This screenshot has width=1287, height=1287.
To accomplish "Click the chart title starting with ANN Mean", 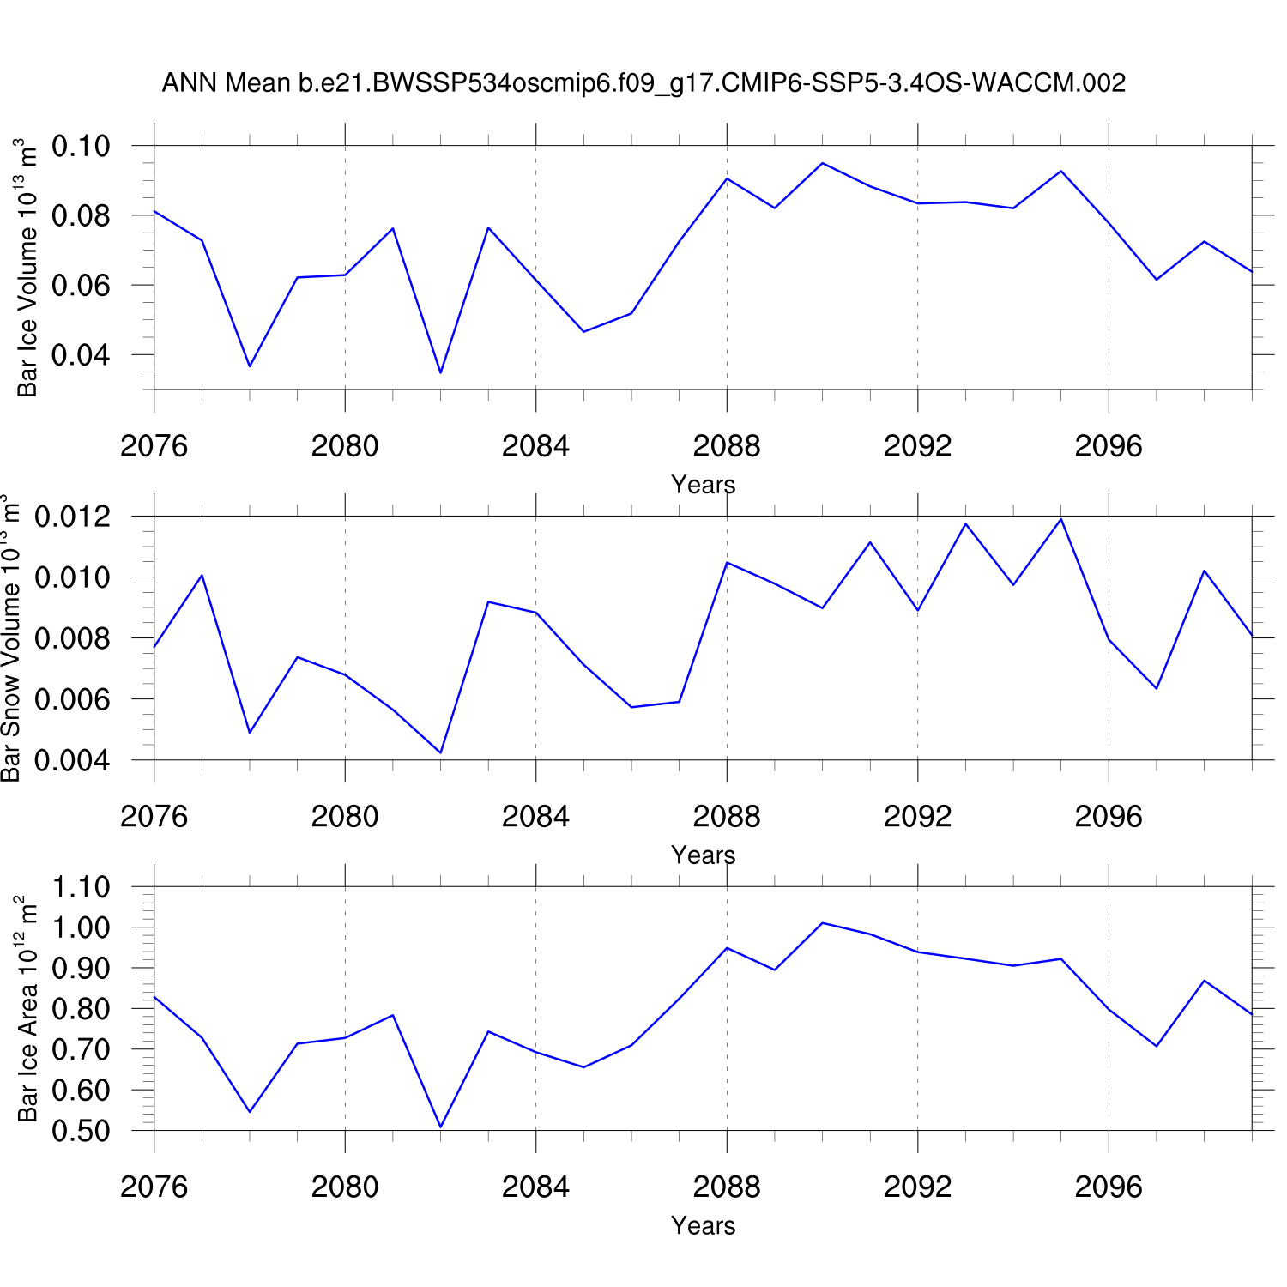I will [x=643, y=83].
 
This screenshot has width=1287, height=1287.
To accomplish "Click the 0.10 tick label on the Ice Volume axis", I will [x=82, y=146].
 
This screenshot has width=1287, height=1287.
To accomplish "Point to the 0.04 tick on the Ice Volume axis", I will [x=82, y=354].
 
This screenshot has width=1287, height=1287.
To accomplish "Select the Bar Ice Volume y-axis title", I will [x=27, y=268].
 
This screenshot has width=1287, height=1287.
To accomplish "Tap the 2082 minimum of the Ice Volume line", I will [x=440, y=372].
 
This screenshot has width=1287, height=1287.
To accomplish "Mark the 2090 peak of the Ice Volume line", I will [x=822, y=163].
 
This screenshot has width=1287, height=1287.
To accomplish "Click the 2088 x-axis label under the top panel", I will [x=727, y=446].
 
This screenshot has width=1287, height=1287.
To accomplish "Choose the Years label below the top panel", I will [x=703, y=485].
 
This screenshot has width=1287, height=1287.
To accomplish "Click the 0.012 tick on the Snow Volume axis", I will [x=73, y=517].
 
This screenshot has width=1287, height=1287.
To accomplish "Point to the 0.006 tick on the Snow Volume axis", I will [x=73, y=699].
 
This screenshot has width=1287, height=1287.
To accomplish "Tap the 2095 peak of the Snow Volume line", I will [x=1061, y=519].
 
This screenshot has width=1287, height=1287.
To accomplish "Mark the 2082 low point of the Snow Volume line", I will [x=440, y=752].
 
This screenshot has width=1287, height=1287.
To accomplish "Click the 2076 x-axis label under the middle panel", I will [x=154, y=817].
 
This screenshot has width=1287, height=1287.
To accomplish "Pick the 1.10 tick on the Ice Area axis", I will [x=82, y=886].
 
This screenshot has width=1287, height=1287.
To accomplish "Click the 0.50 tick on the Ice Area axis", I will [x=82, y=1131].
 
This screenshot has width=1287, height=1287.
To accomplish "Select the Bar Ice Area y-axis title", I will [x=27, y=1009].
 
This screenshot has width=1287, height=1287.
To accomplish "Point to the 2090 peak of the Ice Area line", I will [x=822, y=923].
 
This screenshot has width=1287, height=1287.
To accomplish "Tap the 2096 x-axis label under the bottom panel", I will [x=1109, y=1187].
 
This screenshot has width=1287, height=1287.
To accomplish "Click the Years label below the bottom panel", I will [x=703, y=1226].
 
